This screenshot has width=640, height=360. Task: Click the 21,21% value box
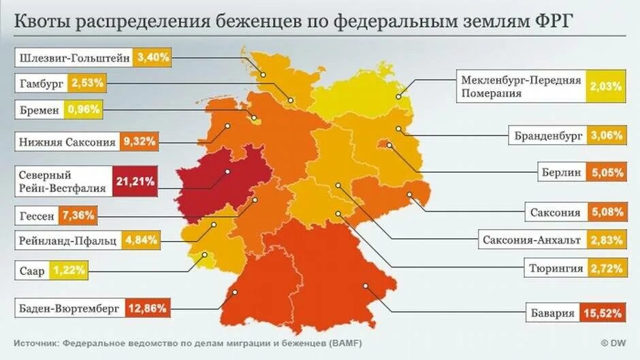click(135, 181)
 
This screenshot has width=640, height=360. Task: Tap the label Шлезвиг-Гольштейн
click(74, 58)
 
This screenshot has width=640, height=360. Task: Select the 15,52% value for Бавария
click(603, 314)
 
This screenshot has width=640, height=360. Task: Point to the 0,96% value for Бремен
click(84, 109)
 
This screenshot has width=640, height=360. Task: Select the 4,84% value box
click(142, 240)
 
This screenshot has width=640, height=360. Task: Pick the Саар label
click(32, 271)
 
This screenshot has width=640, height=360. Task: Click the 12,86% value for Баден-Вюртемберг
click(146, 308)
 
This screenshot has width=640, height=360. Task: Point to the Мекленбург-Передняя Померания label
click(521, 86)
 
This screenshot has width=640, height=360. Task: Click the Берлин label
click(562, 172)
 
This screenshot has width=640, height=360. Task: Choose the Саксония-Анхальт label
click(531, 240)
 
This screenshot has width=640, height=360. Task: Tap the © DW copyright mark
click(613, 342)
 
